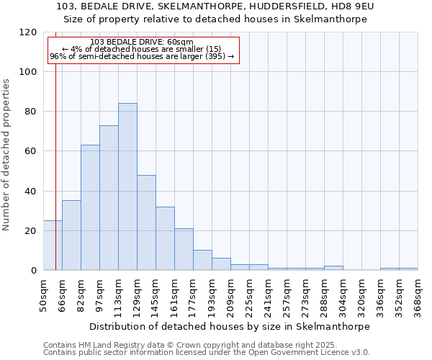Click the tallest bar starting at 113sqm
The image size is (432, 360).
[127, 186]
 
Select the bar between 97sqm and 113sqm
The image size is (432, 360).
[109, 198]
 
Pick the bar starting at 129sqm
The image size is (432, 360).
[146, 222]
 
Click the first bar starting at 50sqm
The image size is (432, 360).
[53, 245]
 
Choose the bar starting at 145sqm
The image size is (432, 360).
[165, 238]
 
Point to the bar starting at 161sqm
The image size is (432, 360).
[184, 249]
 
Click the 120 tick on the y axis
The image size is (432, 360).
[29, 32]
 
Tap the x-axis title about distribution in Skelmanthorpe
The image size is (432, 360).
[230, 326]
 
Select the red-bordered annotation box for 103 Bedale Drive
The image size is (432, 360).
[143, 50]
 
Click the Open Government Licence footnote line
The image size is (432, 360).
[206, 353]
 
